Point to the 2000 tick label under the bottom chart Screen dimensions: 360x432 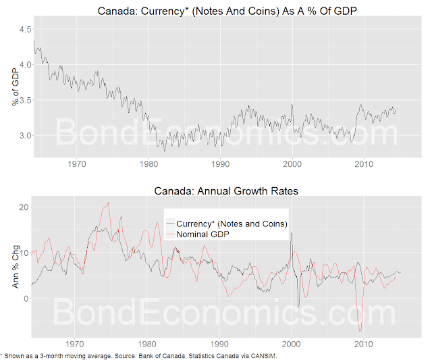coord(292,344)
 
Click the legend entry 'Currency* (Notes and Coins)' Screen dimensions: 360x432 coord(231,224)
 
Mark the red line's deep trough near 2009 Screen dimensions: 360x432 coord(361,330)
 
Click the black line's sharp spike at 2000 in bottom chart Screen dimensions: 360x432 coord(291,234)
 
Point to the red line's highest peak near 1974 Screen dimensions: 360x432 coord(108,203)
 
